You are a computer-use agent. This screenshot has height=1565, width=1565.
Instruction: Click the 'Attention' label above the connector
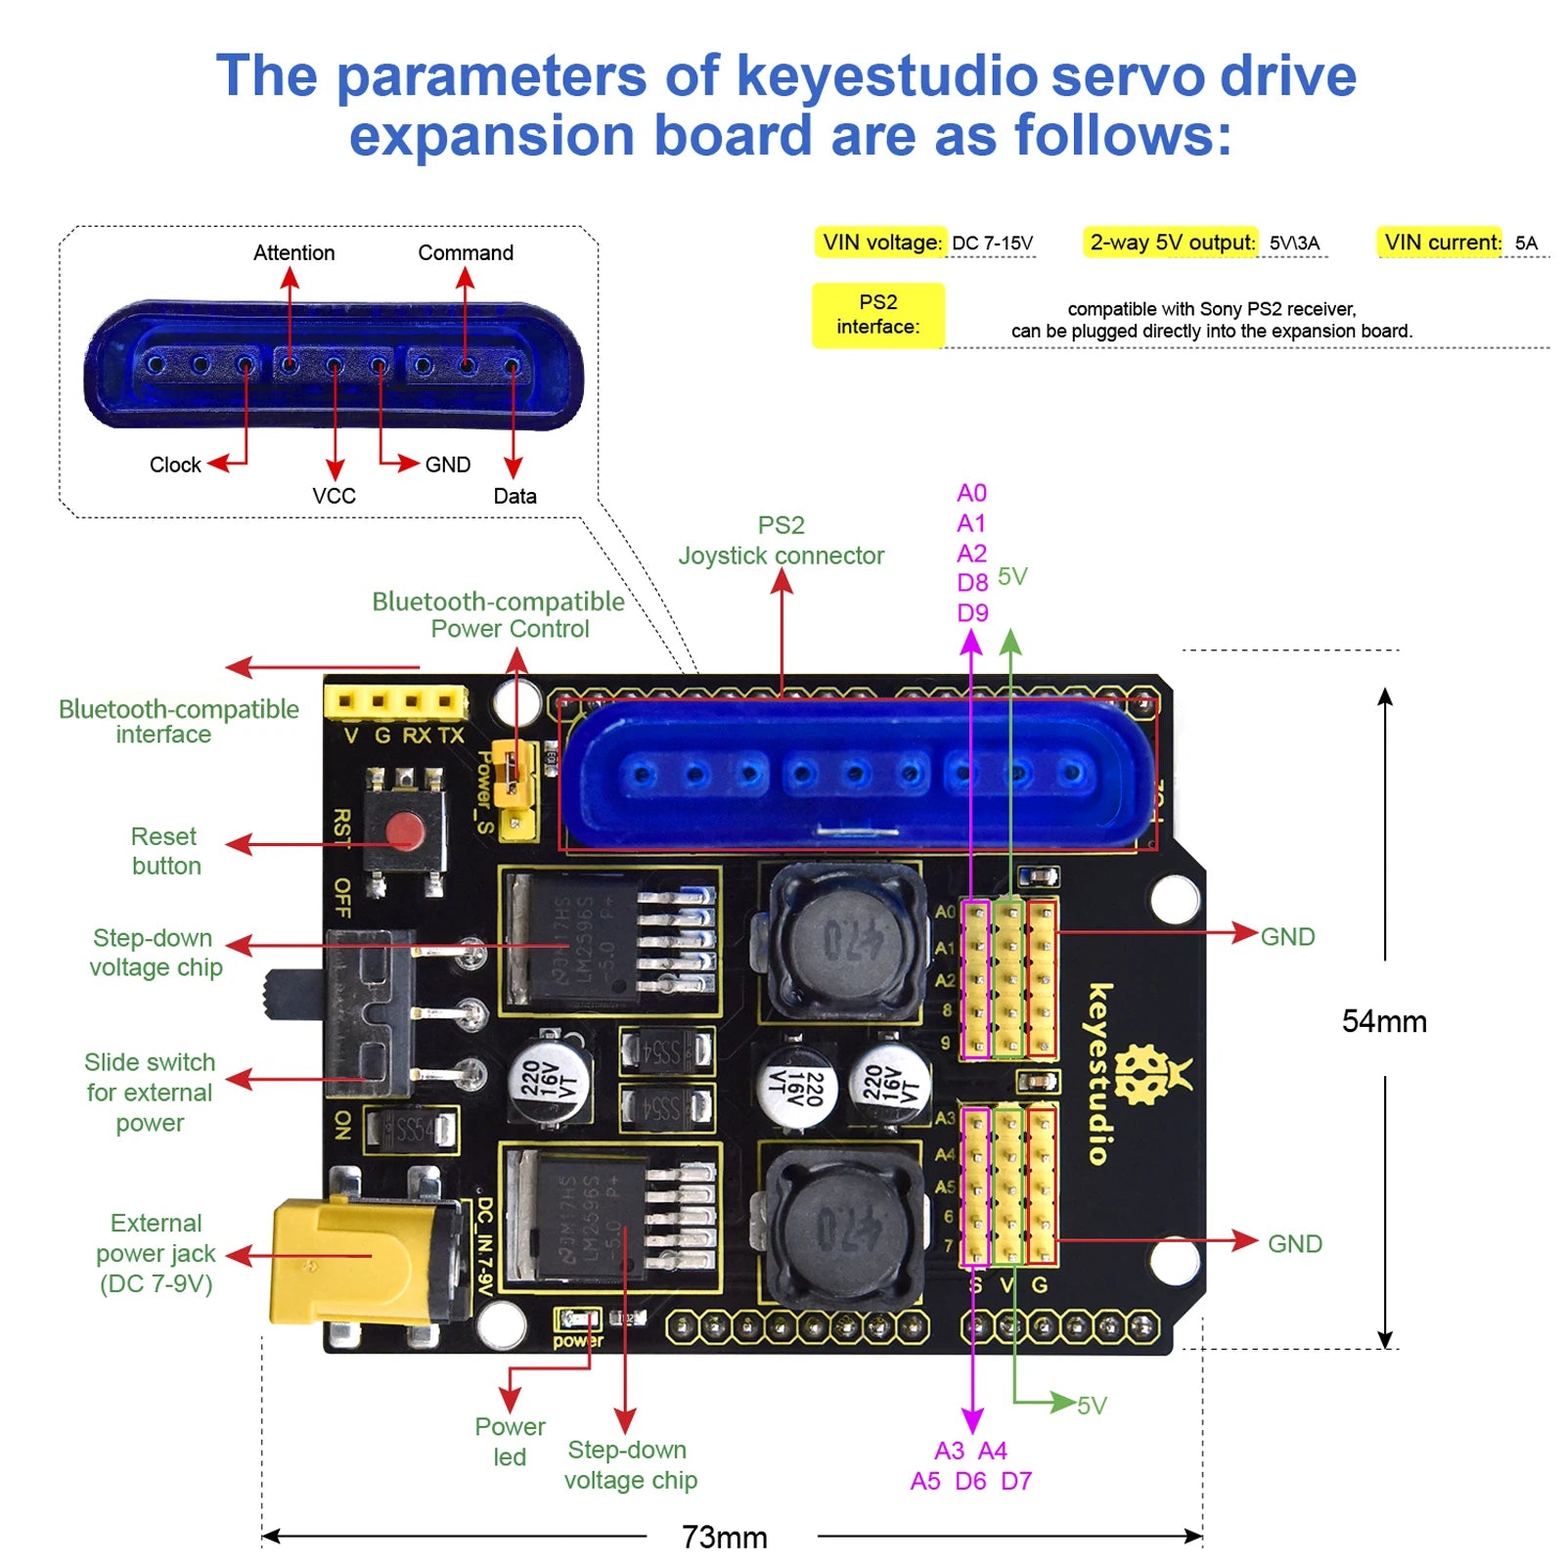click(x=293, y=252)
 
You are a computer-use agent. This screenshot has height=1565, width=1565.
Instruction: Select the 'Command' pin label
click(x=465, y=252)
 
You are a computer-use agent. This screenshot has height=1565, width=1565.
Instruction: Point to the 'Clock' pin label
click(x=175, y=465)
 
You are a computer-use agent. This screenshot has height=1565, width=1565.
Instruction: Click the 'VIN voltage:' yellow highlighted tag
click(x=881, y=242)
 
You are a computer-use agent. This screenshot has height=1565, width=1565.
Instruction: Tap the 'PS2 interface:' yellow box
click(x=877, y=314)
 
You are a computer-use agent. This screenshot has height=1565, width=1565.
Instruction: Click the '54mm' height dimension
click(x=1383, y=1021)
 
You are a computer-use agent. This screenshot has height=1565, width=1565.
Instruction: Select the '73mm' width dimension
click(x=724, y=1537)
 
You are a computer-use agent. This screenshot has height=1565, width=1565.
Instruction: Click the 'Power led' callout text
click(x=510, y=1441)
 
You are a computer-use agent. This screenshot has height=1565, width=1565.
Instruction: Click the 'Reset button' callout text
click(x=165, y=851)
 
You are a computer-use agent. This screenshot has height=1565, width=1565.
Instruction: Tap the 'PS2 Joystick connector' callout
click(x=781, y=540)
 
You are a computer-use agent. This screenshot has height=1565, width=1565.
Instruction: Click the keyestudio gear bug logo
click(x=1144, y=1075)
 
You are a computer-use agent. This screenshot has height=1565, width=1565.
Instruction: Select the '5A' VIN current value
click(x=1525, y=243)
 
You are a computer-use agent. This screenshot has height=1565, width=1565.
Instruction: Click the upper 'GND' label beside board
click(x=1287, y=936)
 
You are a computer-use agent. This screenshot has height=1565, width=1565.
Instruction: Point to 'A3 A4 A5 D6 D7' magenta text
click(x=970, y=1465)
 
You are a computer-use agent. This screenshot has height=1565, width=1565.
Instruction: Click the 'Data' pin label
click(x=514, y=496)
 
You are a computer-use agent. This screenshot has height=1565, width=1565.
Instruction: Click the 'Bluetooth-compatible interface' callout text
click(x=178, y=721)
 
